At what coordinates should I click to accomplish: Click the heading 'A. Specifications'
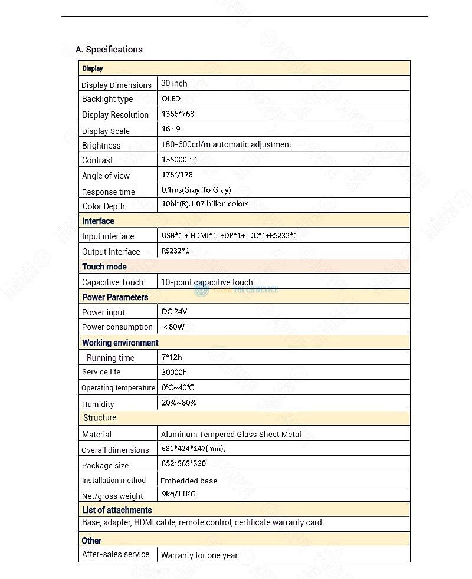(109, 50)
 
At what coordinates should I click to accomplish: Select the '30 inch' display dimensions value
(174, 84)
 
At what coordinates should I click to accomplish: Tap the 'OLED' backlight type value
(171, 98)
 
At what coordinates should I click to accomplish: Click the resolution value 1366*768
(178, 114)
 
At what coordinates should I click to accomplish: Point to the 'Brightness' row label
(101, 146)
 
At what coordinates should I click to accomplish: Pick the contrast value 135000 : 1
(179, 159)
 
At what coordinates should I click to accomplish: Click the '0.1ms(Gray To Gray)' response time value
(196, 190)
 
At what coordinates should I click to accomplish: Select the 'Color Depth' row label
(103, 206)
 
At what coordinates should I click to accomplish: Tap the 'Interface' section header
(98, 221)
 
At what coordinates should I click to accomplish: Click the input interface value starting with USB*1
(230, 236)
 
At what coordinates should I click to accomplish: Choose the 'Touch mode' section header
(104, 267)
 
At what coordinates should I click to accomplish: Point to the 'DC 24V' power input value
(174, 311)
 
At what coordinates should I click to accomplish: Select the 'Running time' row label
(110, 358)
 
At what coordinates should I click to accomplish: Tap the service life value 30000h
(174, 372)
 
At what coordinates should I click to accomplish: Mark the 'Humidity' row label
(98, 404)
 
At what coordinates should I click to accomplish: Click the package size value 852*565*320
(183, 463)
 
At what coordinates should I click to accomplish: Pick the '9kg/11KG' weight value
(178, 494)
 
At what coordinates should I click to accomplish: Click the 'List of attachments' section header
(117, 510)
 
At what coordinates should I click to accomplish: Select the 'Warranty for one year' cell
(199, 555)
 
